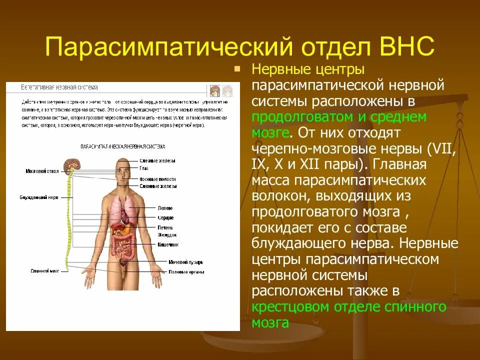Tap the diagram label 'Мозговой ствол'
[x=42, y=171]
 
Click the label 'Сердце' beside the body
[x=165, y=218]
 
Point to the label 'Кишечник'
[x=168, y=244]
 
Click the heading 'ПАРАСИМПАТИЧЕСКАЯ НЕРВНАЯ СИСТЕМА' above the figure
[x=122, y=146]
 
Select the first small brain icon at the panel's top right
[x=215, y=90]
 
